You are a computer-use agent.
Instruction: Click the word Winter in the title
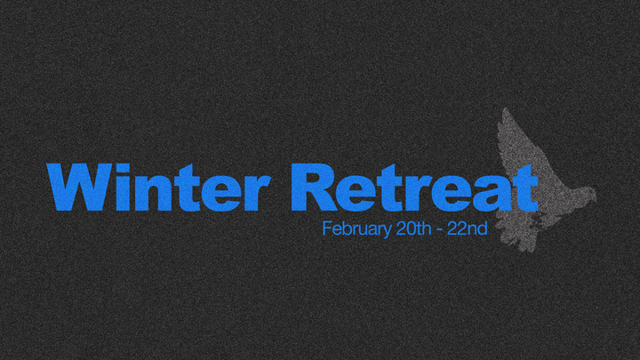coord(159,188)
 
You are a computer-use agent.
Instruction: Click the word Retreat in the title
coord(414,188)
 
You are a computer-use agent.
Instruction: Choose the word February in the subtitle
coord(353,229)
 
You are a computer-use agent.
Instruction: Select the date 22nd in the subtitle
coord(468,228)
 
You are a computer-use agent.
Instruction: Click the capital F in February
coord(326,228)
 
